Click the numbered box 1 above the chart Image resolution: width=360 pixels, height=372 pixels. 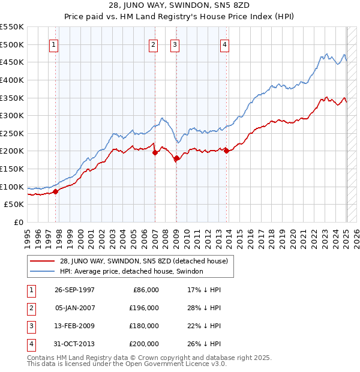[54, 44]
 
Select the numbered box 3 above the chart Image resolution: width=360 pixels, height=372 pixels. [175, 44]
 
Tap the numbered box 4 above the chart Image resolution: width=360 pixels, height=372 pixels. [224, 44]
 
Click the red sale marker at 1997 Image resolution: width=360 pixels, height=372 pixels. [56, 191]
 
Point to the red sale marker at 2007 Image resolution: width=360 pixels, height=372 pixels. [155, 152]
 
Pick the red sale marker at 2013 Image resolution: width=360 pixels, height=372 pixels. [227, 151]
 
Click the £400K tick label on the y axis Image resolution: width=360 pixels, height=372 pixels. [12, 80]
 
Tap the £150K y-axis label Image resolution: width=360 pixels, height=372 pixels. [12, 169]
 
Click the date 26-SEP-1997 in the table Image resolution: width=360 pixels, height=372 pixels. [74, 290]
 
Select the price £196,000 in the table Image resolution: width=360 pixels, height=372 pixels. [145, 308]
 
